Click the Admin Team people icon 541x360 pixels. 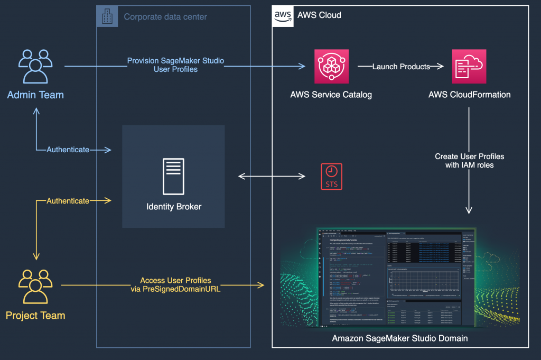pos(35,66)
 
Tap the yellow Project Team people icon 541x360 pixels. pos(35,287)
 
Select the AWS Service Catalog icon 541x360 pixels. pos(331,67)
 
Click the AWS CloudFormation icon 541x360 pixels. pos(469,67)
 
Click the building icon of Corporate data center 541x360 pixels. pos(107,16)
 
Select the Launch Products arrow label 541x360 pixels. pos(394,67)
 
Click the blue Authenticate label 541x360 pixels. pos(68,150)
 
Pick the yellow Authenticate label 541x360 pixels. pos(68,201)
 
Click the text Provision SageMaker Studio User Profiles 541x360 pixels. pos(175,65)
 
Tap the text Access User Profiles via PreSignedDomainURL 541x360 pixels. pos(175,285)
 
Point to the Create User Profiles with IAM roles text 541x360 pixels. pos(469,161)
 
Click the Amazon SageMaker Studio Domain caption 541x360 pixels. pos(400,338)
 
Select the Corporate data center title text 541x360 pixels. pos(165,17)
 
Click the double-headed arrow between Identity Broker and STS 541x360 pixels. pos(273,176)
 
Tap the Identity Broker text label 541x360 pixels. pos(174,206)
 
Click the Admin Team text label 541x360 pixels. pos(35,95)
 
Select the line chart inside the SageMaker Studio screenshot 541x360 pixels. pos(423,280)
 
